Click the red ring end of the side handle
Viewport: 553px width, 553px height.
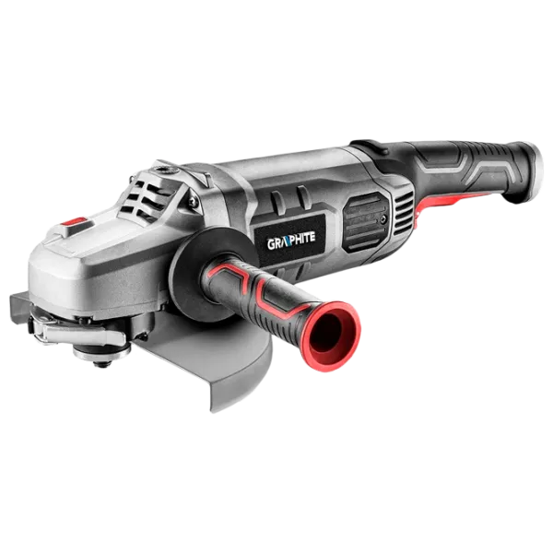pos(331,335)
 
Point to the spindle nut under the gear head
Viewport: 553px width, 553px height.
pos(101,355)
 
